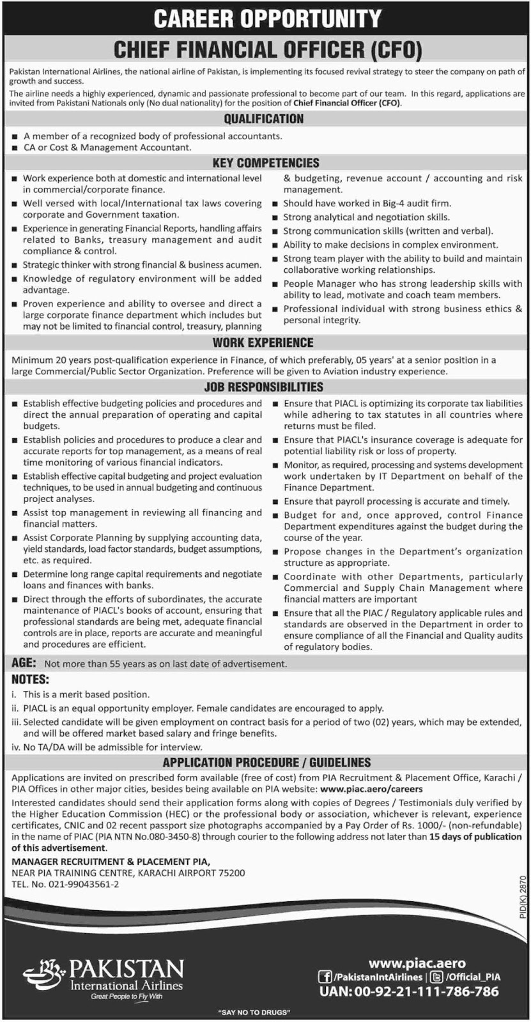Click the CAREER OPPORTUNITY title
(266, 19)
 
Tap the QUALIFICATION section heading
(264, 119)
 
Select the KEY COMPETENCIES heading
(266, 163)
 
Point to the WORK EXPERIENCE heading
(263, 343)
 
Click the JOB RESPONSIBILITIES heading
(264, 387)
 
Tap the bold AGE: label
(24, 664)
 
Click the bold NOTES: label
(30, 680)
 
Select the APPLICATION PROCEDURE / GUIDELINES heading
(266, 763)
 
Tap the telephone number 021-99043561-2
(82, 885)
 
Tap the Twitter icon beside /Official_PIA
(437, 977)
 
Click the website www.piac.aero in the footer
(417, 963)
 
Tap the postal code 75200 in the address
(231, 873)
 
